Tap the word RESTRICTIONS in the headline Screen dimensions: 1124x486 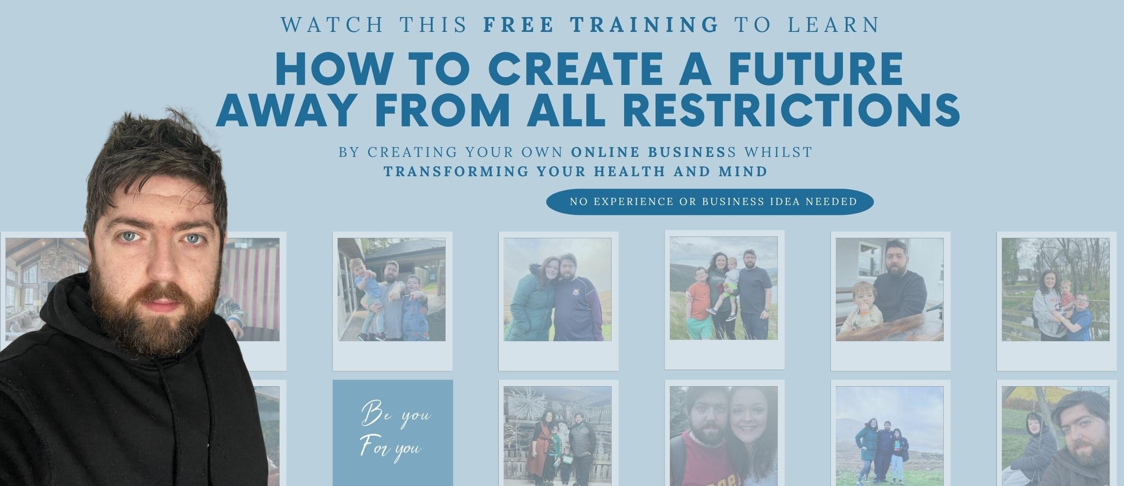pos(784,109)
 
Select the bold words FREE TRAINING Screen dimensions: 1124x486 pos(601,25)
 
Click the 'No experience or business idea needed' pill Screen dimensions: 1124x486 pos(710,202)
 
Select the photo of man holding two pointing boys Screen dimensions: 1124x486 pos(392,289)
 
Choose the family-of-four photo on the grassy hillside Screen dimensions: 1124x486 pos(723,288)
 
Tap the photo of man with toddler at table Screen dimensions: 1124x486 pos(890,289)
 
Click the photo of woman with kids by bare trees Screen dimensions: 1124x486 pos(1056,289)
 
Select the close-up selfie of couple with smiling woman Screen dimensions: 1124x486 pos(723,436)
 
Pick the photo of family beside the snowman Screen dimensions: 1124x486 pos(558,436)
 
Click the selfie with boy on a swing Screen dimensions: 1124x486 pos(1056,436)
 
